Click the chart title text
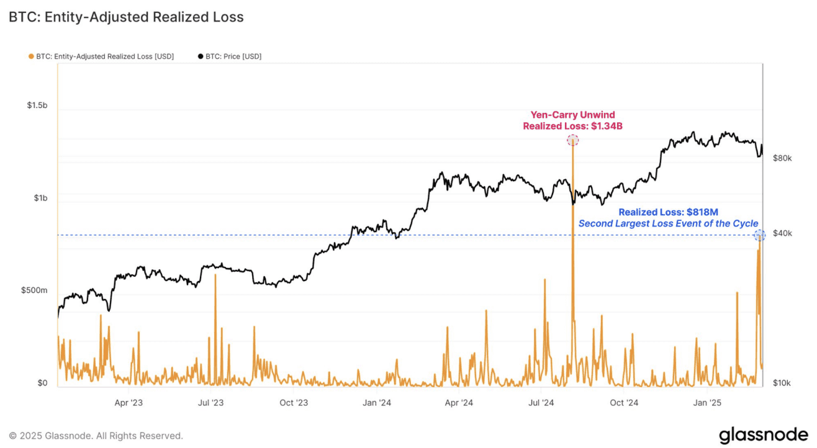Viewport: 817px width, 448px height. tap(126, 17)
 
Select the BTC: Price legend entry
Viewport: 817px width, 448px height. tap(230, 56)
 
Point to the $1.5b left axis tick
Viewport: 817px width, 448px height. tap(37, 105)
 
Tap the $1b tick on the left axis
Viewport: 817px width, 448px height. tap(40, 198)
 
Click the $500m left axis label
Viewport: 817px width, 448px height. tap(35, 290)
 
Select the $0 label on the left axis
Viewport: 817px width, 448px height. tap(42, 383)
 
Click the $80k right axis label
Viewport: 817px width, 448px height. tap(782, 158)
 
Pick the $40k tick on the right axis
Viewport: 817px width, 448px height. tap(782, 233)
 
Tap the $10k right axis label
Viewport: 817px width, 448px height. tap(782, 383)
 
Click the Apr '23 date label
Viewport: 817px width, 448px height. tap(129, 403)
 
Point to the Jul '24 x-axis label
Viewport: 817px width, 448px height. tap(541, 403)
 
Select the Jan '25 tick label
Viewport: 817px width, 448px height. tap(706, 403)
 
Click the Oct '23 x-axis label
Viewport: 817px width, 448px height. tap(294, 403)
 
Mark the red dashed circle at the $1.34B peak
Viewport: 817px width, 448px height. tap(572, 140)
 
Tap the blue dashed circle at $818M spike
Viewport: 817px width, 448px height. tap(759, 235)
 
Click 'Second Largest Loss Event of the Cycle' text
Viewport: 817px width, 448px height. tap(668, 223)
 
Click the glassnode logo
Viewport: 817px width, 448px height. tap(763, 435)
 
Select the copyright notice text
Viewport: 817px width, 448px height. tap(96, 436)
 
